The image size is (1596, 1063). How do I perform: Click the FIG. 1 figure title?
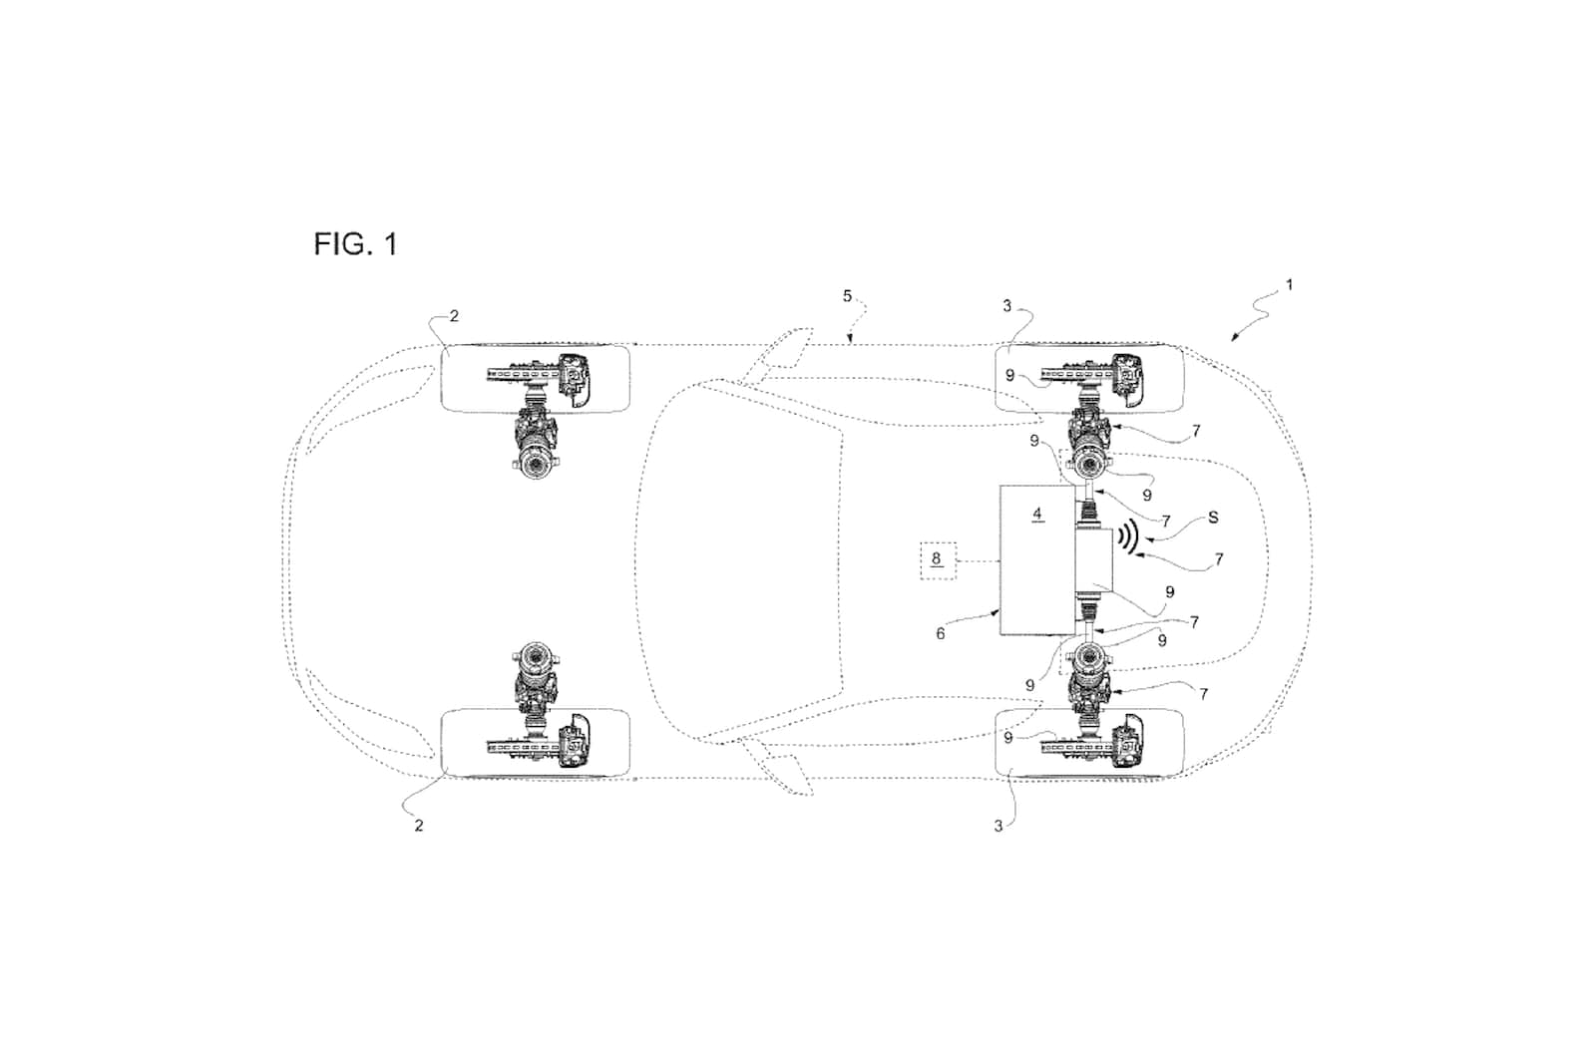[x=355, y=243]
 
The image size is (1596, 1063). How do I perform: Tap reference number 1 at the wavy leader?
[x=1289, y=285]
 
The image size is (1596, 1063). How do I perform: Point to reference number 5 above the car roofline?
[x=848, y=296]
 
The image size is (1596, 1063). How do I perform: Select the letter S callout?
[x=1213, y=518]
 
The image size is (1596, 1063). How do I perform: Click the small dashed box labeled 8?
[x=937, y=560]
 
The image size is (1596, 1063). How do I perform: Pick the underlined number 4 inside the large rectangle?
[x=1037, y=515]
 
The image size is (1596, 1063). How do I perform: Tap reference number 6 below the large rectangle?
[x=940, y=633]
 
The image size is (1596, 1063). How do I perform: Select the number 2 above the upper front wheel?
[x=454, y=316]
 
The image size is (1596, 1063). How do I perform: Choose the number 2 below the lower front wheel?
[x=419, y=826]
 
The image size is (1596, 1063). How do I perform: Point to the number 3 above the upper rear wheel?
[x=1006, y=306]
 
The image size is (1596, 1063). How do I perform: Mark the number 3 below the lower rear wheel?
[x=998, y=826]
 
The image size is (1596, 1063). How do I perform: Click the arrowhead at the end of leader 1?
[x=1234, y=337]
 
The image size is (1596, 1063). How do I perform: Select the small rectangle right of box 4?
[x=1094, y=561]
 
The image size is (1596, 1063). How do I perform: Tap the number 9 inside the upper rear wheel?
[x=1010, y=376]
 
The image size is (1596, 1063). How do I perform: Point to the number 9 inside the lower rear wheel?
[x=1009, y=738]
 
